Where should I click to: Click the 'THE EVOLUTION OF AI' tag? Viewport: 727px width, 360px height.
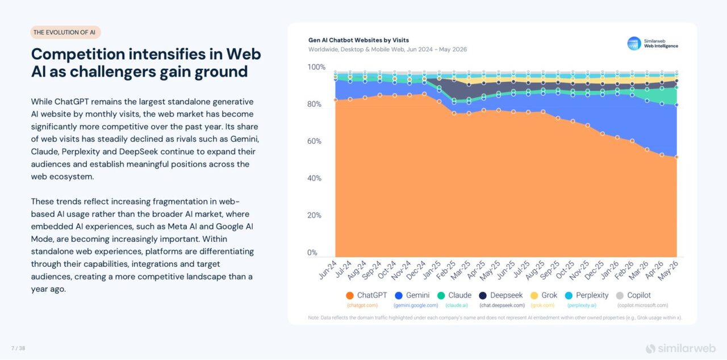coord(65,32)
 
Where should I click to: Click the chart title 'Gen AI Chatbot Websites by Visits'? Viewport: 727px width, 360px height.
coord(358,40)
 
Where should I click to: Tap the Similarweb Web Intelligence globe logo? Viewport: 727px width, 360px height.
coord(634,44)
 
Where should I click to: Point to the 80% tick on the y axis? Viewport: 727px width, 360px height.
coord(314,104)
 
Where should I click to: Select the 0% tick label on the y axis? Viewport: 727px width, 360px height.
coord(312,252)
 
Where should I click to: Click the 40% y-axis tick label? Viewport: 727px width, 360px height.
coord(314,178)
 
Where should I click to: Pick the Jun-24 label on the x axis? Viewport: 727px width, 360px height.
coord(328,270)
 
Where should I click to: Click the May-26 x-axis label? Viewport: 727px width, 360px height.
coord(668,270)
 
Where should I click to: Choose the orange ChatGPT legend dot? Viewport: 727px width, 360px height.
coord(349,295)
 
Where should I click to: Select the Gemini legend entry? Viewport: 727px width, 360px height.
coord(412,295)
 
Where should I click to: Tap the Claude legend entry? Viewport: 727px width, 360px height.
coord(454,295)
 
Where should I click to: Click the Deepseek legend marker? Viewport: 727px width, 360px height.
coord(483,295)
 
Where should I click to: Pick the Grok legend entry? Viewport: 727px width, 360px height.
coord(544,295)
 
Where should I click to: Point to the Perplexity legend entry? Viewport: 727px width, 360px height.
coord(587,295)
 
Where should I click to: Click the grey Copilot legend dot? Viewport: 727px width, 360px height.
coord(620,295)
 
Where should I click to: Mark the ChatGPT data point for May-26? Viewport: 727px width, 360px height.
coord(676,157)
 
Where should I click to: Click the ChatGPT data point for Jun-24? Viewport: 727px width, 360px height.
coord(336,100)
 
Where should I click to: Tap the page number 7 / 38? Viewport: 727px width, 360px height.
coord(18,348)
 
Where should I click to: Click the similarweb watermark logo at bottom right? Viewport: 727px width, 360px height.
coord(680,349)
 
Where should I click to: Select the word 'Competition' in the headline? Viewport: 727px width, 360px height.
coord(78,55)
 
